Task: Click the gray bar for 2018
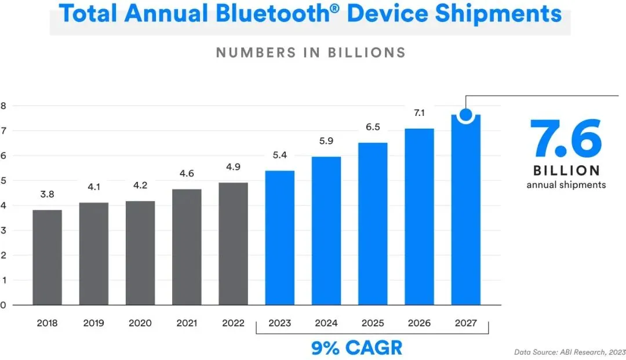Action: (x=47, y=257)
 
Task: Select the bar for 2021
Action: (x=187, y=246)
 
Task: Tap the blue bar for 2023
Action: (x=279, y=238)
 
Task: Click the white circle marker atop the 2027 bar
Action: (x=465, y=115)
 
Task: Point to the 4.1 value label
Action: (x=94, y=188)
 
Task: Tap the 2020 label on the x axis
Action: (x=140, y=323)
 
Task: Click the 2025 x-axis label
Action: (x=373, y=323)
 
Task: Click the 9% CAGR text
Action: (x=356, y=348)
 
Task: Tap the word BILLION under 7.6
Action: (x=566, y=171)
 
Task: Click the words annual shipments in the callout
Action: (x=566, y=185)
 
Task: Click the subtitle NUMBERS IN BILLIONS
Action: (x=311, y=52)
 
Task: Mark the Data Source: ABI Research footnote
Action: (x=569, y=352)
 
